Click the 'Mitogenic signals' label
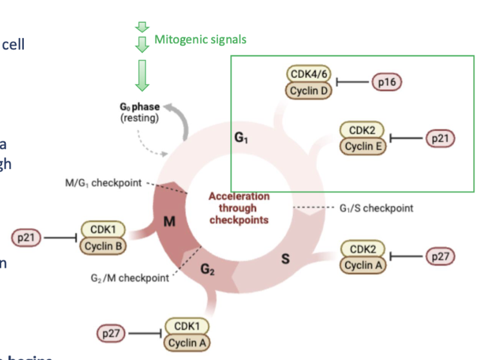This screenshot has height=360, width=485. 200,39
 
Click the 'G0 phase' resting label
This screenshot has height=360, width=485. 139,107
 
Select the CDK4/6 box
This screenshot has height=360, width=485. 310,75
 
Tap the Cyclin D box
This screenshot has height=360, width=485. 310,90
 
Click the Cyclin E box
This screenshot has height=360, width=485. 363,146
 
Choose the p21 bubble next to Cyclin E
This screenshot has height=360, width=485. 440,138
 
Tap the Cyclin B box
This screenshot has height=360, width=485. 103,245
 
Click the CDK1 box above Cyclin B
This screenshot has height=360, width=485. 103,230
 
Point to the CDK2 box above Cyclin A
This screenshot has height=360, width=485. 363,249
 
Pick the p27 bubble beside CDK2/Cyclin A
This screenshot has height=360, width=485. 440,257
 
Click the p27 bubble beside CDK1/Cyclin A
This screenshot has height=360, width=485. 111,334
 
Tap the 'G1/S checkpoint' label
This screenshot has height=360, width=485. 376,208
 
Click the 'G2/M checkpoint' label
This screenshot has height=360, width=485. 130,278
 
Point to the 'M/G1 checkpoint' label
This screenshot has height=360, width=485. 103,183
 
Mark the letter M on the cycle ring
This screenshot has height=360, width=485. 170,221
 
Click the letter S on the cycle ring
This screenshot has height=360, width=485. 284,260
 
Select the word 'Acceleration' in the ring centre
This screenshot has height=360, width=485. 239,196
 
